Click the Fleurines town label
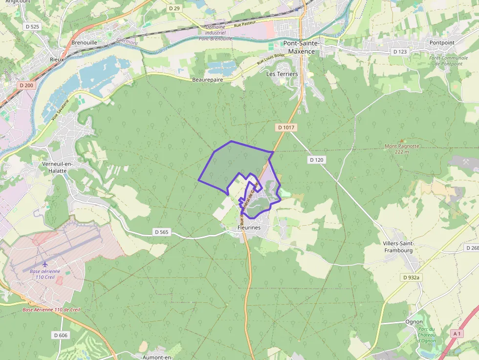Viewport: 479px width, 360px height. pyautogui.click(x=249, y=228)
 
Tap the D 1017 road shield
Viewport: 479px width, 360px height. pyautogui.click(x=287, y=127)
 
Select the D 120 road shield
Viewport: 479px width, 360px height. pyautogui.click(x=317, y=160)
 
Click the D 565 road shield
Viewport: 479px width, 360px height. pyautogui.click(x=161, y=232)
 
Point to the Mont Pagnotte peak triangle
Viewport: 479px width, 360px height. pyautogui.click(x=402, y=141)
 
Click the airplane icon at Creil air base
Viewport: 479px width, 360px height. pyautogui.click(x=45, y=265)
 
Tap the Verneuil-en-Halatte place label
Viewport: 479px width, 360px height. pyautogui.click(x=58, y=167)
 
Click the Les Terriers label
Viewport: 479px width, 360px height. pyautogui.click(x=282, y=74)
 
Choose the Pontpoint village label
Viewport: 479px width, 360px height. pyautogui.click(x=442, y=42)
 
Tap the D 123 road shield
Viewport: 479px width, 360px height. pyautogui.click(x=399, y=51)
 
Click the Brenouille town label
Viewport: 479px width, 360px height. pyautogui.click(x=84, y=42)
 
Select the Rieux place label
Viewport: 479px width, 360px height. pyautogui.click(x=57, y=59)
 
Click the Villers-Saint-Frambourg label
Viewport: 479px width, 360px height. pyautogui.click(x=398, y=247)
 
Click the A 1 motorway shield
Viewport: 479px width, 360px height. pyautogui.click(x=457, y=334)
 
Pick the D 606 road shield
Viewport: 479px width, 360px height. pyautogui.click(x=61, y=335)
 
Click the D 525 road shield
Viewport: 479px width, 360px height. pyautogui.click(x=32, y=26)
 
